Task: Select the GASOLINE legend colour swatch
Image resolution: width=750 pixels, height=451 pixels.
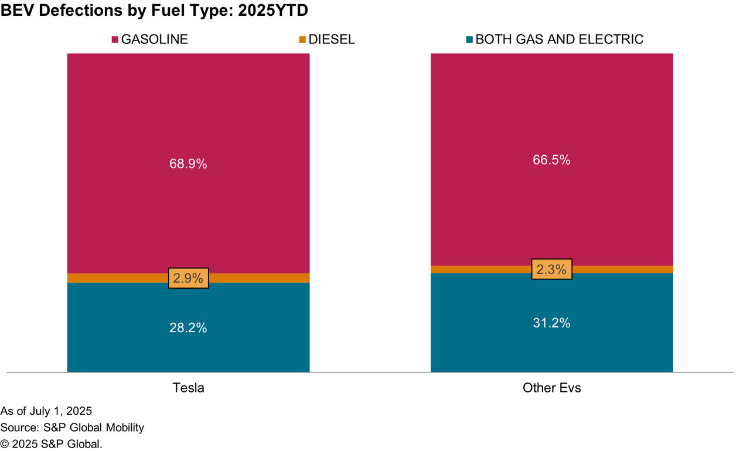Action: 115,40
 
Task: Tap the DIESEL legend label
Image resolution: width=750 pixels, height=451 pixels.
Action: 332,40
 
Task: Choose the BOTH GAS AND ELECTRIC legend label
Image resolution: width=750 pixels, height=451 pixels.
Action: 559,40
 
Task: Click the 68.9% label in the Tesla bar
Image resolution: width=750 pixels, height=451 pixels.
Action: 189,164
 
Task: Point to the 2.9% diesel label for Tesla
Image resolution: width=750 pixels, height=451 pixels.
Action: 189,278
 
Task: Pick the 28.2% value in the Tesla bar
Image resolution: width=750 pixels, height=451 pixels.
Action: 189,328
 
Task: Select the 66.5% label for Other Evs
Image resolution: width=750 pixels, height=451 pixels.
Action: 552,160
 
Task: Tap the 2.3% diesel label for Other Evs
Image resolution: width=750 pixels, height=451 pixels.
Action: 552,269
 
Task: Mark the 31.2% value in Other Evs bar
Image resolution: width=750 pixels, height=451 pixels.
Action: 552,323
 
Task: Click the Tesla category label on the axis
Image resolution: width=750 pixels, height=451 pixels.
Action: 189,388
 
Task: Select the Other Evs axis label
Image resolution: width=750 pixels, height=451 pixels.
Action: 552,388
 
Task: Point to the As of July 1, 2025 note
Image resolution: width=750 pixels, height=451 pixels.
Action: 46,411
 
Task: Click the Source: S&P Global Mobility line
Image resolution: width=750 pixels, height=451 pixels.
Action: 72,428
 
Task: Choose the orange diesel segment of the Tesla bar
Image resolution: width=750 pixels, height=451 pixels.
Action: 117,278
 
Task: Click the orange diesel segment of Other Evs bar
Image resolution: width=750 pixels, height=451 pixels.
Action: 480,269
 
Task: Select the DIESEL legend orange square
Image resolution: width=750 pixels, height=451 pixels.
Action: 302,40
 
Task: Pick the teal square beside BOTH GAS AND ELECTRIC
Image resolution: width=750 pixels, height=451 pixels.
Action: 469,40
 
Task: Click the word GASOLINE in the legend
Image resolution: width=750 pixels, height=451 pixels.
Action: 155,40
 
